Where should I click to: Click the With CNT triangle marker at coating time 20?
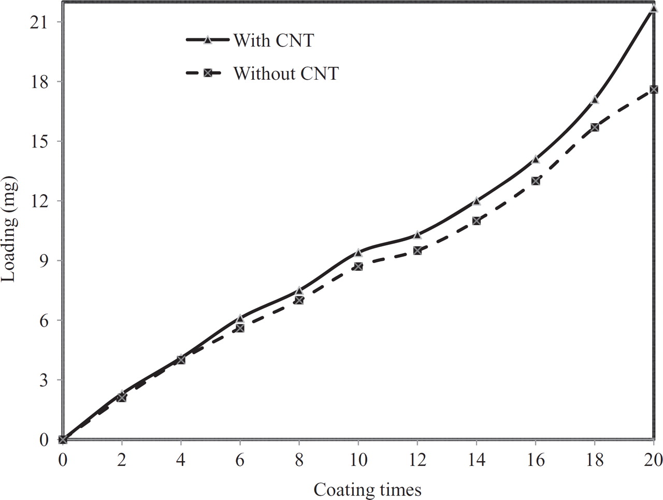pos(654,8)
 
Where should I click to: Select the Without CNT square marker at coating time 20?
pos(654,90)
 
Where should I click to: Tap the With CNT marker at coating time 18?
pos(595,99)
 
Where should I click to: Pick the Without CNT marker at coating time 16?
pos(536,181)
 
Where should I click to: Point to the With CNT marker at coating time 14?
pos(477,201)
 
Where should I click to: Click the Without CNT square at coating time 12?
pos(417,251)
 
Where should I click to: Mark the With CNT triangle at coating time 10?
pos(358,253)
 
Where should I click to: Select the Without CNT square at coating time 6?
pos(240,328)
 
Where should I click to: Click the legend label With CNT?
pos(273,40)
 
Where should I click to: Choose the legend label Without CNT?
pos(286,73)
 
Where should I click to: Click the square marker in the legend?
pos(207,73)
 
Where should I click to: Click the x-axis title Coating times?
pos(367,489)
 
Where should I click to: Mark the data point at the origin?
pos(63,439)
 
